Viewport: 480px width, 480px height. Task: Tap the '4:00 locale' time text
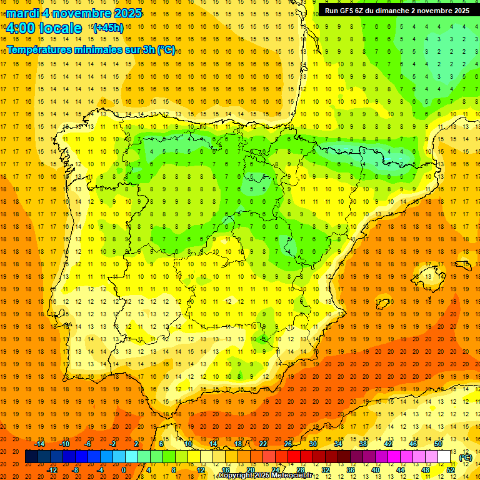(x=44, y=28)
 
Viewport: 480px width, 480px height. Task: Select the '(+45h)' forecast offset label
(x=108, y=27)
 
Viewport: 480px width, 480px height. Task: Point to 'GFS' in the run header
(x=351, y=11)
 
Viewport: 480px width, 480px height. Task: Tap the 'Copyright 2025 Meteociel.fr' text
(x=265, y=476)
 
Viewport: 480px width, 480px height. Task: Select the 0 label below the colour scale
(x=124, y=470)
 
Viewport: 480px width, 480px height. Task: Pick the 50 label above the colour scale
(x=438, y=444)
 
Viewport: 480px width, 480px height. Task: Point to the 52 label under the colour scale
(x=451, y=470)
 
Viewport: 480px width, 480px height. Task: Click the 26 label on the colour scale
(x=288, y=444)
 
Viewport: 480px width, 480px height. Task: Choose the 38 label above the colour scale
(x=363, y=444)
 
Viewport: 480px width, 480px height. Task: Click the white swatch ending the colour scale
(x=444, y=457)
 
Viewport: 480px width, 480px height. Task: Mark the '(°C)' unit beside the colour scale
(x=466, y=457)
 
